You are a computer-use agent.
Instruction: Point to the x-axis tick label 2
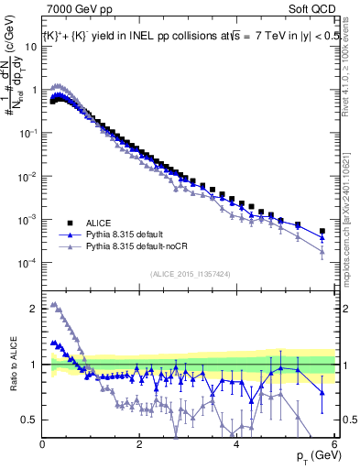(x=139, y=445)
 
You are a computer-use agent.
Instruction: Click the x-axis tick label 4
(x=236, y=445)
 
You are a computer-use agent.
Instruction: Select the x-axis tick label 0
(x=43, y=445)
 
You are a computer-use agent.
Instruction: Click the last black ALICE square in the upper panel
(x=322, y=231)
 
